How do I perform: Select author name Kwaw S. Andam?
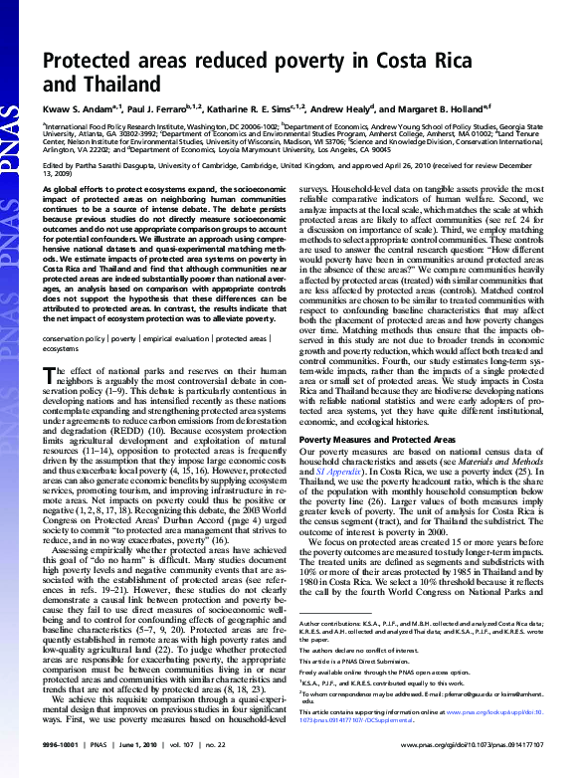pos(79,109)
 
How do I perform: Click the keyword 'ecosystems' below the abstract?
pos(60,349)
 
